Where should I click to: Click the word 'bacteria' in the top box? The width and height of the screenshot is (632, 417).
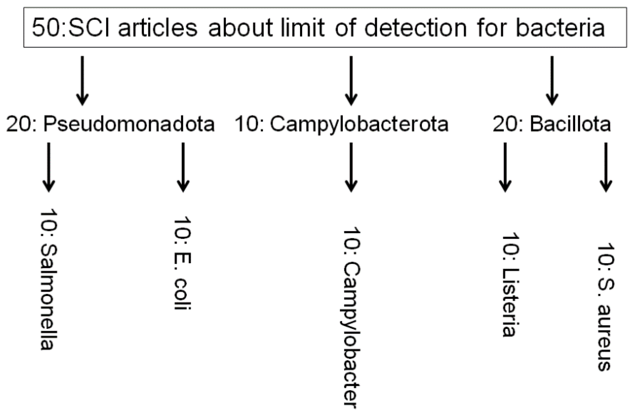560,28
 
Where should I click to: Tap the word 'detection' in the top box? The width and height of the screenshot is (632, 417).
415,28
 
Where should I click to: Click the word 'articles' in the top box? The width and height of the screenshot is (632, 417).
158,28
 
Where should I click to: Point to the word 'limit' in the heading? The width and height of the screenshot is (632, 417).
302,28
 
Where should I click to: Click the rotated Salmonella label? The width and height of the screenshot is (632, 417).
48,279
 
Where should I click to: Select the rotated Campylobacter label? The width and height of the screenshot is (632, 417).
351,316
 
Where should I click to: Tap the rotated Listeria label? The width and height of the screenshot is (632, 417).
510,284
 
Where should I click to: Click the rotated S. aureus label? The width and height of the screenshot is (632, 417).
605,306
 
